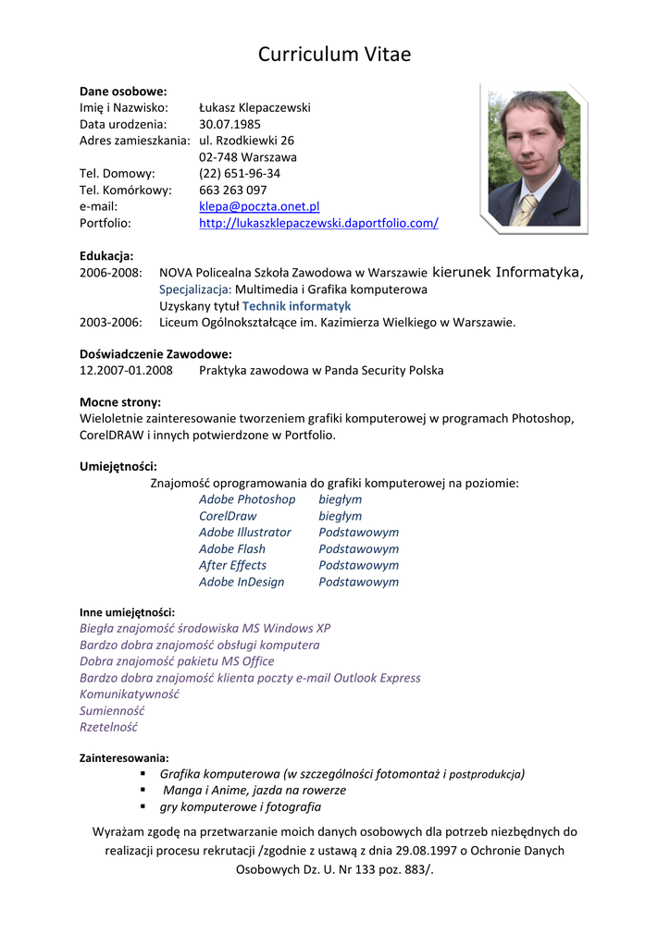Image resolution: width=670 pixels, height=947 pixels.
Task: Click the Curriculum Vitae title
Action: (334, 55)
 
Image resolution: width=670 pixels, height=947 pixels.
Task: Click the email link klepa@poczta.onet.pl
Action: (259, 206)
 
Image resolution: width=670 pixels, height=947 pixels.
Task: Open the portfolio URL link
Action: (318, 223)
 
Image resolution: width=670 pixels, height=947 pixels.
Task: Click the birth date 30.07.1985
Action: (230, 124)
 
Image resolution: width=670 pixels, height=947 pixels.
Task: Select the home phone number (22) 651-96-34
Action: (240, 173)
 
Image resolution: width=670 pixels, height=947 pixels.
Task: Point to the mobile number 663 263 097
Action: (233, 190)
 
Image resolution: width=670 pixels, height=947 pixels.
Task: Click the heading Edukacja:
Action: (106, 255)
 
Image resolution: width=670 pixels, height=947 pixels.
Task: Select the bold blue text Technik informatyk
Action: (296, 305)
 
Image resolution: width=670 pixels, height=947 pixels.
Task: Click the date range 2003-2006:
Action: (111, 322)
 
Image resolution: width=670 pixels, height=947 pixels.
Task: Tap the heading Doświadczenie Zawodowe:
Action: (155, 353)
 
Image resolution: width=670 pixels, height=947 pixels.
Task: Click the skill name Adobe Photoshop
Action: (247, 499)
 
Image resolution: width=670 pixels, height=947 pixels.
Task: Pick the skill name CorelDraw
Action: (228, 516)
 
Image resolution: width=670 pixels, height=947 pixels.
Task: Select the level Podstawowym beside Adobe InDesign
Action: (359, 582)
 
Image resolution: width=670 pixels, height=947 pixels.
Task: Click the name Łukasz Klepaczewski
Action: (254, 107)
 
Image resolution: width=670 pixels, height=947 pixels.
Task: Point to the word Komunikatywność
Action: (130, 694)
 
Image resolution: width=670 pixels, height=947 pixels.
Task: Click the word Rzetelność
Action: (108, 727)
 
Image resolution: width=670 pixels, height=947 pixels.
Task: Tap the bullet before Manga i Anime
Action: (143, 790)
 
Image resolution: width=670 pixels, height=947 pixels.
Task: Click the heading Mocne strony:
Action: (120, 401)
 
